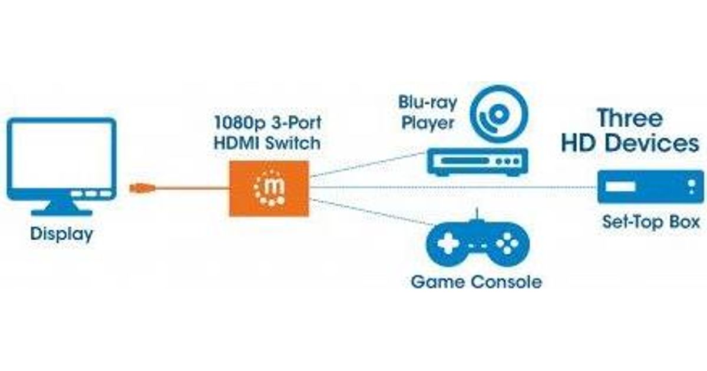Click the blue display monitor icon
pos(61,159)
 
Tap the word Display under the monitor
pos(61,234)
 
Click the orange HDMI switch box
pos(269,188)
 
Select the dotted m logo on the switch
pos(269,188)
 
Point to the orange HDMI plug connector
pos(142,188)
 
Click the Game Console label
pos(476,281)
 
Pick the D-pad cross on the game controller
pos(447,243)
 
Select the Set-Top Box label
pos(650,222)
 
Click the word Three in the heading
pos(630,118)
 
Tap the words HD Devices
pos(630,143)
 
